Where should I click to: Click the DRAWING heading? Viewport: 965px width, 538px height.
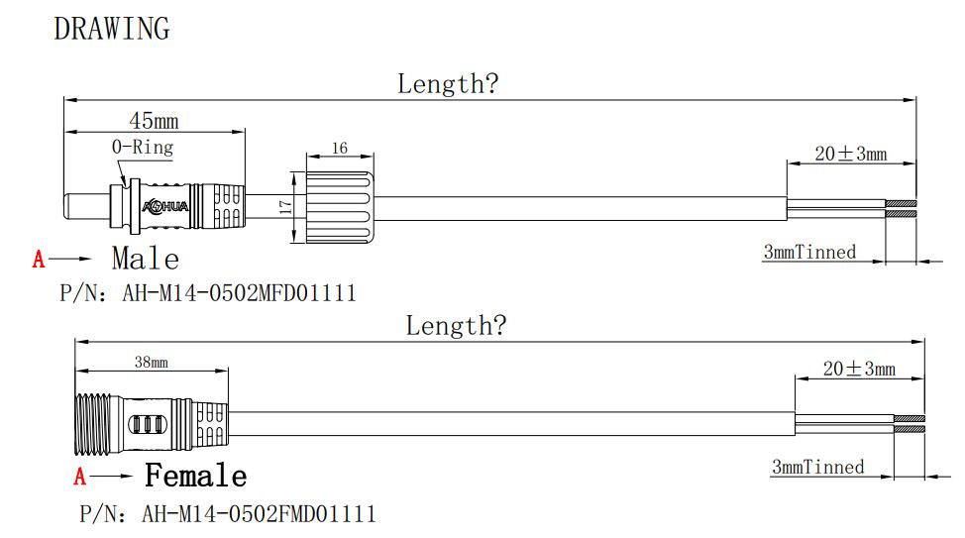click(x=111, y=29)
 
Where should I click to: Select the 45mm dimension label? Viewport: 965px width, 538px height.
click(x=154, y=121)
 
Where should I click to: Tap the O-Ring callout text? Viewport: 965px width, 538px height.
click(x=142, y=148)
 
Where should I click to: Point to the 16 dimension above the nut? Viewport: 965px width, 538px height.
click(x=340, y=149)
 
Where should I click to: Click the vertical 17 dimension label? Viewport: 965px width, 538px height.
click(x=283, y=207)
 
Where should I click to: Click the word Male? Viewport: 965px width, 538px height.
click(x=146, y=260)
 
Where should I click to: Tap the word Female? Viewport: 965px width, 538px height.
click(x=196, y=477)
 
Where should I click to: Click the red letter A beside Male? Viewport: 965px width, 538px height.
click(x=39, y=261)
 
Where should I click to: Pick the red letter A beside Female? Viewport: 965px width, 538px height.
click(x=80, y=478)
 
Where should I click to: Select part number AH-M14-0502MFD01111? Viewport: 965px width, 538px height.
click(x=239, y=294)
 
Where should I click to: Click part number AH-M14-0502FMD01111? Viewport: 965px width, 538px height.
click(x=259, y=514)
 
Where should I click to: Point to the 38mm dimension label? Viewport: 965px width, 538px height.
click(x=152, y=363)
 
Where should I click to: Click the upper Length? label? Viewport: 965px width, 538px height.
click(x=448, y=84)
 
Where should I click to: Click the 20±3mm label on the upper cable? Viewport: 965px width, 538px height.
click(x=850, y=154)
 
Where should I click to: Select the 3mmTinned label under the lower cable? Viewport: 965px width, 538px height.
click(x=817, y=467)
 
